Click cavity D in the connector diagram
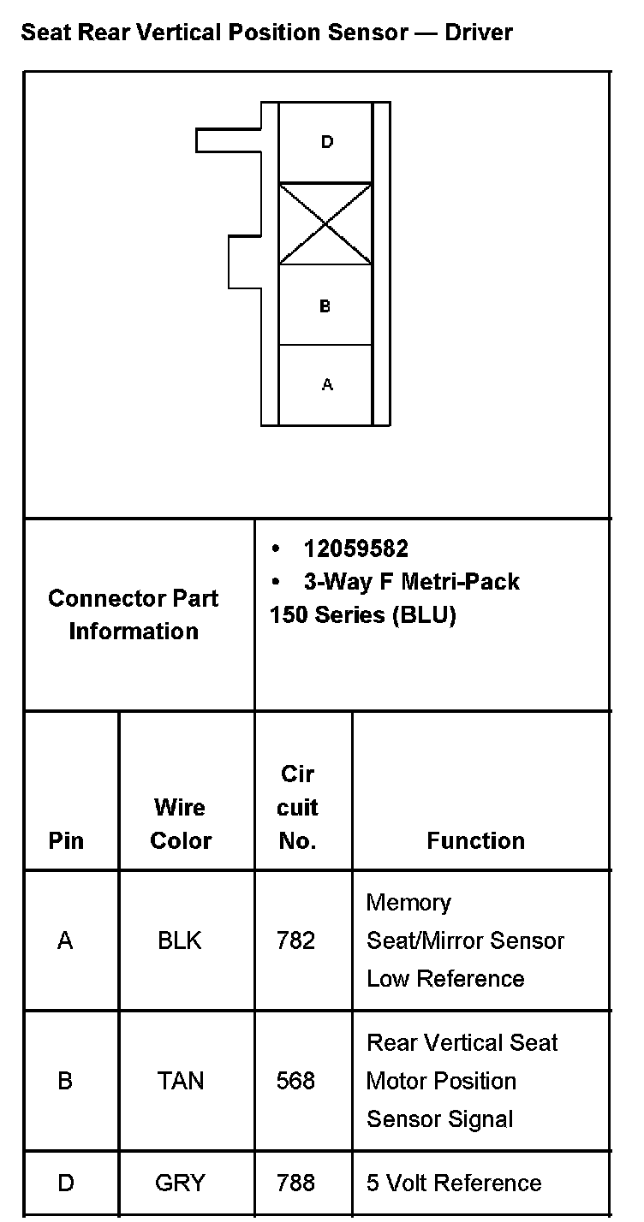[326, 142]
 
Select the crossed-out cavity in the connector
[325, 223]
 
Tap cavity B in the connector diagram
[325, 305]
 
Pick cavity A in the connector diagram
[326, 385]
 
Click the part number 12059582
[355, 549]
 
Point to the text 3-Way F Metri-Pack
[411, 582]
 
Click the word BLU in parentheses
[425, 615]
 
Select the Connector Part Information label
[134, 614]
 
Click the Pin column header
[66, 840]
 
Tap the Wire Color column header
[181, 823]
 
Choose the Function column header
[475, 840]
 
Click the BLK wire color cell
[180, 940]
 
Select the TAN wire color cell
[181, 1081]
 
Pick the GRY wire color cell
[180, 1183]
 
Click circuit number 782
[296, 940]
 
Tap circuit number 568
[296, 1081]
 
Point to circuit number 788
[296, 1183]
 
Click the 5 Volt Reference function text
[454, 1183]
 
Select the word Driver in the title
[478, 33]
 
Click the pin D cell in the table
[66, 1183]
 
